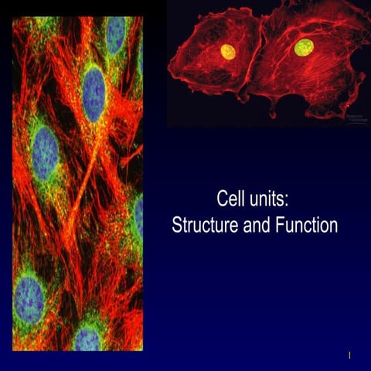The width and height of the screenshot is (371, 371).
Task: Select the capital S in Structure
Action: pyautogui.click(x=177, y=226)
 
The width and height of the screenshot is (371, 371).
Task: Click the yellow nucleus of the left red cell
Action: pyautogui.click(x=228, y=52)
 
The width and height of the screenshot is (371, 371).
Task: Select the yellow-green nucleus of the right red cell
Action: pyautogui.click(x=303, y=48)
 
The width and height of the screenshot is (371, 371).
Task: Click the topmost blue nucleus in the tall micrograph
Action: pyautogui.click(x=116, y=35)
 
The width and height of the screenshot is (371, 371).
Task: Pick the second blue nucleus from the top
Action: pyautogui.click(x=93, y=93)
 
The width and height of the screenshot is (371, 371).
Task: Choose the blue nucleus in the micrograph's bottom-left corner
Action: pyautogui.click(x=29, y=298)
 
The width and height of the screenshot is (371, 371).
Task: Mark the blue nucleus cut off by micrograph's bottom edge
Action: pyautogui.click(x=87, y=338)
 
